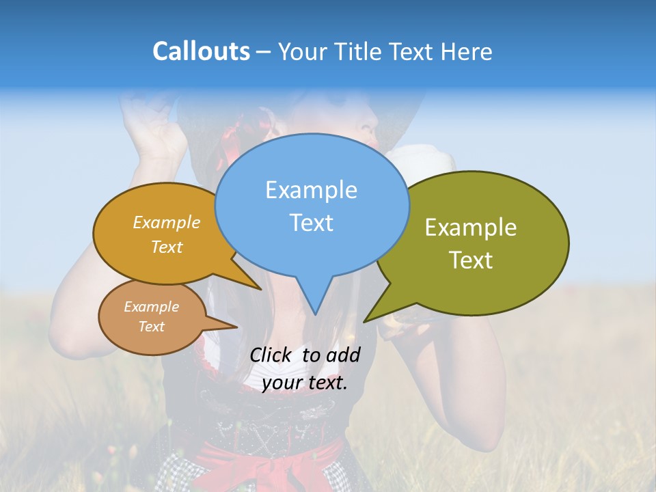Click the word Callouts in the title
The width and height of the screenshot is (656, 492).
click(201, 51)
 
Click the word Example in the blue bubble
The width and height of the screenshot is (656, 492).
click(311, 190)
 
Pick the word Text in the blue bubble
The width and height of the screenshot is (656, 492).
click(311, 223)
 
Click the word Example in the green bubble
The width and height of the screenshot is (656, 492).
click(471, 228)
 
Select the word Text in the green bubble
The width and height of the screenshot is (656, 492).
click(471, 260)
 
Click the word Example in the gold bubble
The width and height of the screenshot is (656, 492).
click(167, 222)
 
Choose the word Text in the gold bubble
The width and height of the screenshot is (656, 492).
click(167, 247)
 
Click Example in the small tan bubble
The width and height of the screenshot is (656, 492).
click(151, 307)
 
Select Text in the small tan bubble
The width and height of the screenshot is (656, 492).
click(151, 327)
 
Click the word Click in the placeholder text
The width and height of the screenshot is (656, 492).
click(273, 355)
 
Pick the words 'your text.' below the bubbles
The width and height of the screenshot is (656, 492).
click(305, 383)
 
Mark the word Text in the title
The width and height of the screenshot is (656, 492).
click(413, 51)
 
